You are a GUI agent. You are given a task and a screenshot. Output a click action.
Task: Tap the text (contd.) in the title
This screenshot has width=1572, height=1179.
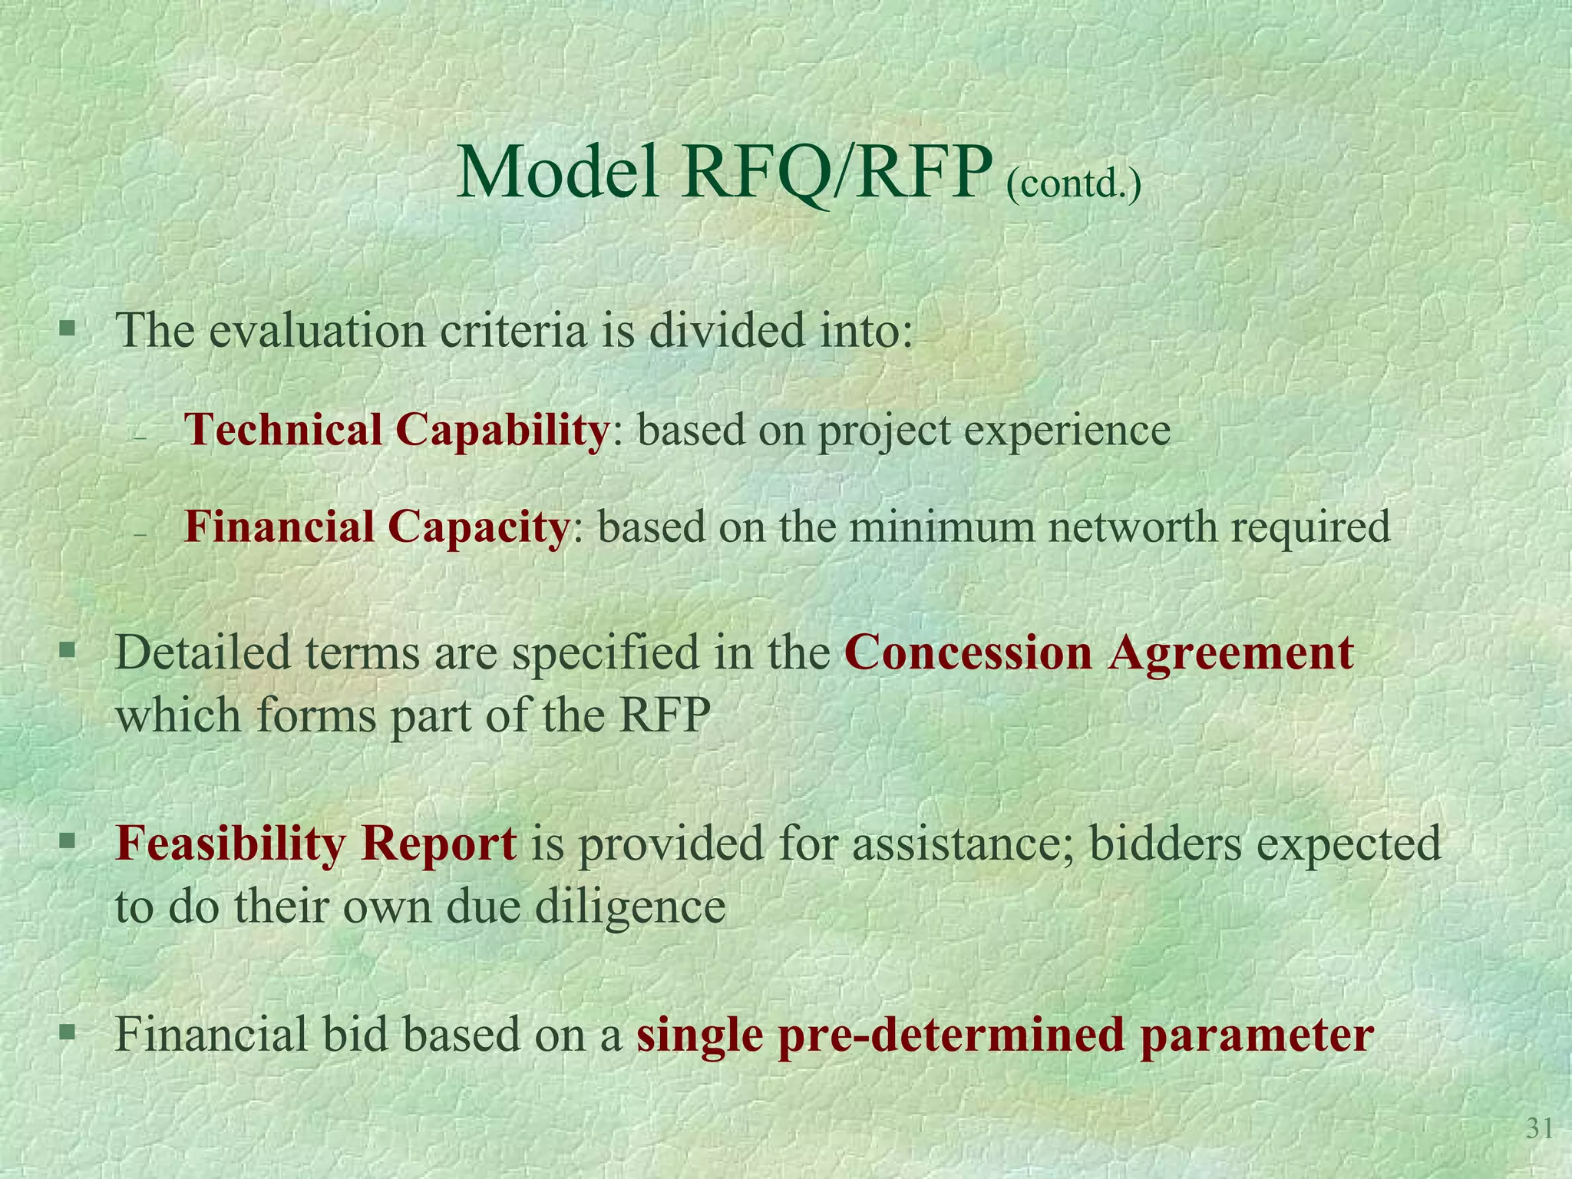point(1073,185)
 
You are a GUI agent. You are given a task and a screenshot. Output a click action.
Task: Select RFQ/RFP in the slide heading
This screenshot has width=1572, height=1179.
point(832,174)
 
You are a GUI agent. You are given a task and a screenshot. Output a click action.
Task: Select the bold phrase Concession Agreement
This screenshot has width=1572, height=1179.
point(1099,652)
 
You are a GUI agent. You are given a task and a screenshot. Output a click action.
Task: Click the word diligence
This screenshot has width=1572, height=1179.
point(629,907)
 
